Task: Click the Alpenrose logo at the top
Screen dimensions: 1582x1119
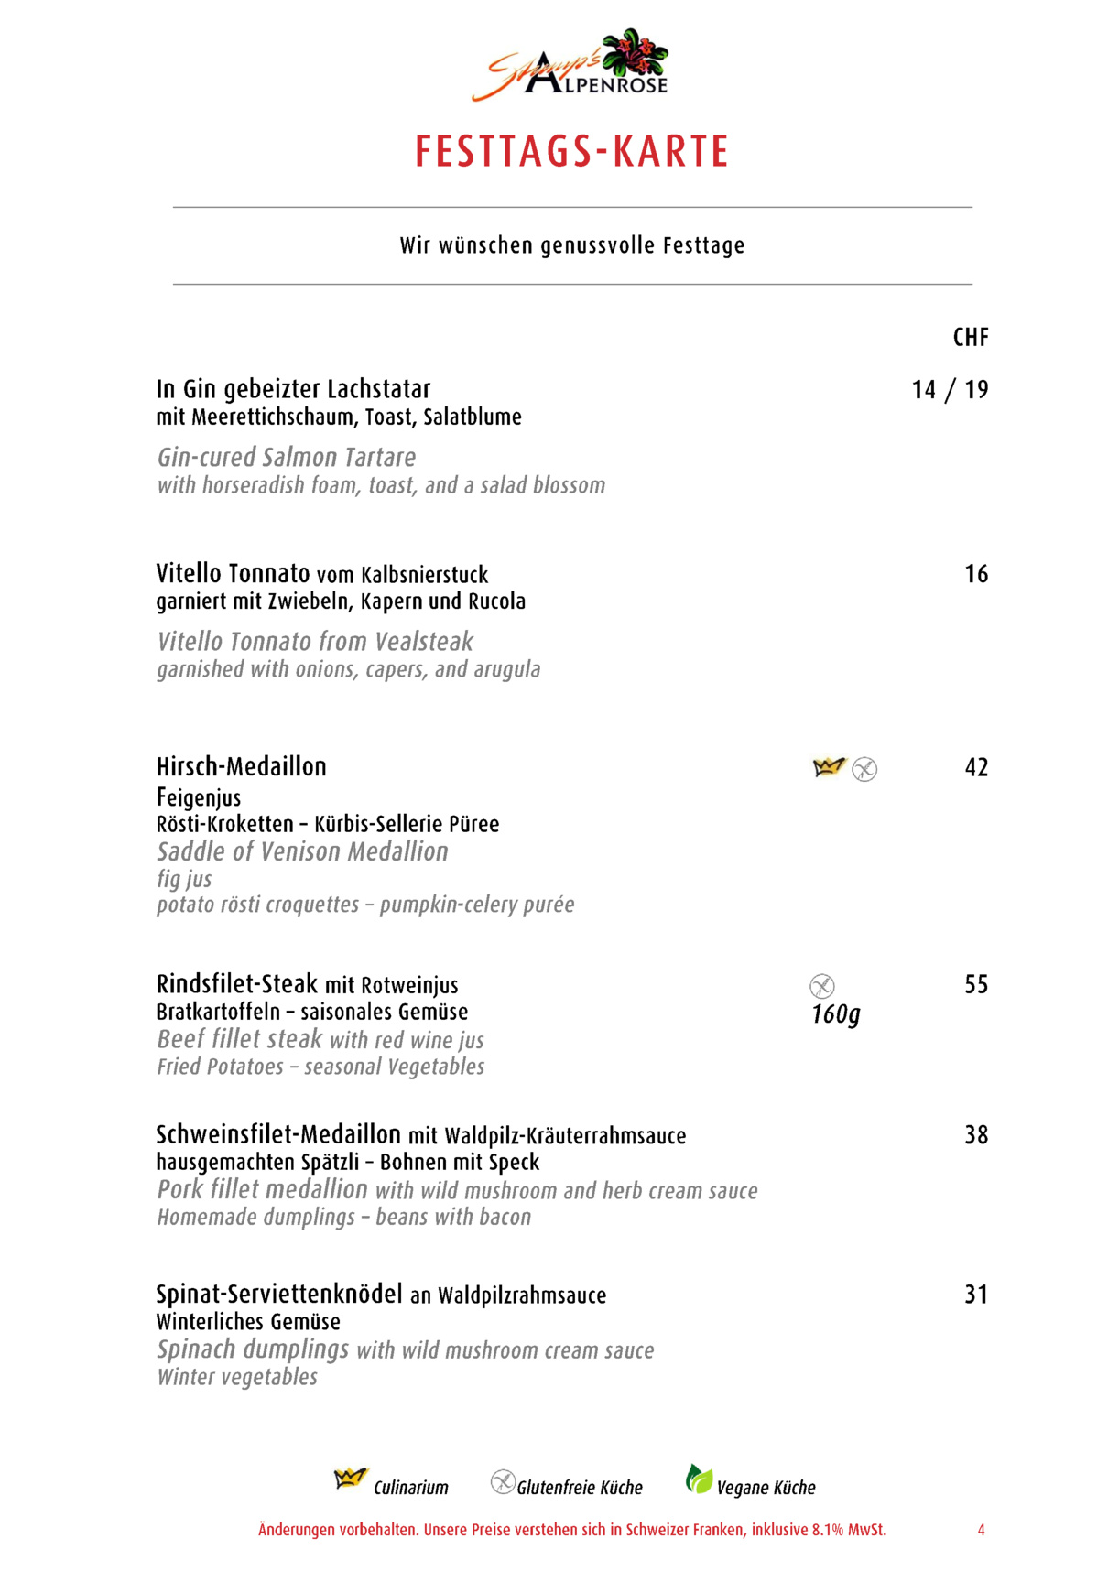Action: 570,65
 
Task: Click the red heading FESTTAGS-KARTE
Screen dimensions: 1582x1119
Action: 571,152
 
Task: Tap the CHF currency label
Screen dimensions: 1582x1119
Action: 970,338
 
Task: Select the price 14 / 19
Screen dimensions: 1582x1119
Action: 950,390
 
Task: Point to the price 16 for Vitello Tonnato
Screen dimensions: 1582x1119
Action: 976,574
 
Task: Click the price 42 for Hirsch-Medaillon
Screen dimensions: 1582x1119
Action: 976,767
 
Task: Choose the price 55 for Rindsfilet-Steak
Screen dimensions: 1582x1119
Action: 976,984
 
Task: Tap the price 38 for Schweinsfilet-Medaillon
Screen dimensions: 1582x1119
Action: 976,1135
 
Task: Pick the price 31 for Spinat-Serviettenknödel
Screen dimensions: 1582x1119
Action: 976,1295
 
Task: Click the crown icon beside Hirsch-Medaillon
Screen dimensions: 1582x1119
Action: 828,767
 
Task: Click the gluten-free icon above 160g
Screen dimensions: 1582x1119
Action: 822,986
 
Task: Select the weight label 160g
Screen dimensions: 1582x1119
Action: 836,1014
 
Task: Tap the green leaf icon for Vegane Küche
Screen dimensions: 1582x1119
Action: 699,1479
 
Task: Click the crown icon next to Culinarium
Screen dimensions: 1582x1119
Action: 350,1479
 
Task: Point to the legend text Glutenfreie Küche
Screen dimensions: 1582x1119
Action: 580,1488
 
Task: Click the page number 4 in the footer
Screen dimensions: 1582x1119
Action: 981,1530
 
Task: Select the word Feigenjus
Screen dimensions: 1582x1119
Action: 199,797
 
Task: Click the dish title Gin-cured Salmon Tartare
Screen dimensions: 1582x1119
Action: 287,457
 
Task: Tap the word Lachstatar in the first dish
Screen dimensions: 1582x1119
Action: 378,389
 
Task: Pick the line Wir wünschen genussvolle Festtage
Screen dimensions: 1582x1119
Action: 571,245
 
